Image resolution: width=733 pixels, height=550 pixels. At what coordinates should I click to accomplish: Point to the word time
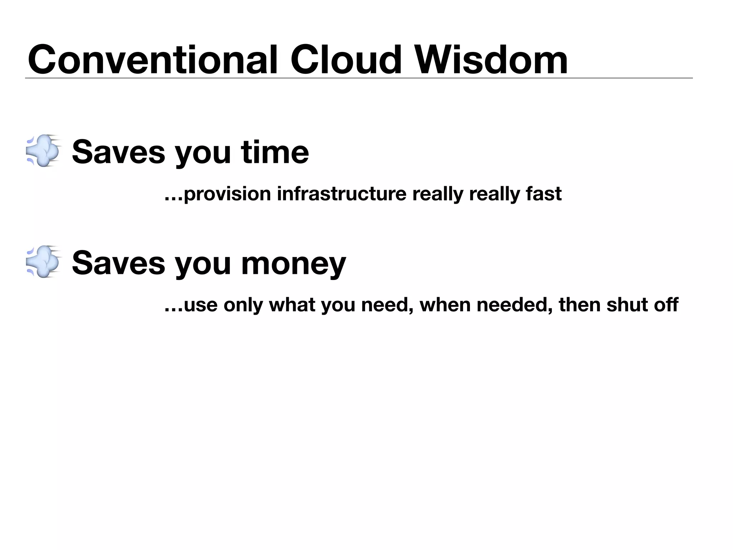point(275,152)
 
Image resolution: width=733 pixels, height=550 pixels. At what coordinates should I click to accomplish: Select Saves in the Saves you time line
point(118,152)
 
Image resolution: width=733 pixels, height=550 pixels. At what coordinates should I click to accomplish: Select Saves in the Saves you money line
point(118,264)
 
